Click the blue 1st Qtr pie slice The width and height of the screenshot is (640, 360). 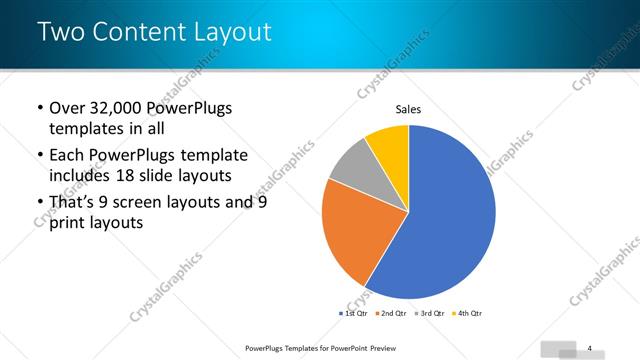point(450,220)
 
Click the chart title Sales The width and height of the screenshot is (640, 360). point(408,109)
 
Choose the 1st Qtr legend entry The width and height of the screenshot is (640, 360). point(354,314)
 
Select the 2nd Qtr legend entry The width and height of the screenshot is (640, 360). point(391,314)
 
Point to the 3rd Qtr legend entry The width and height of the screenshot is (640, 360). point(429,314)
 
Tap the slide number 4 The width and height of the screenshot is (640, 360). point(590,347)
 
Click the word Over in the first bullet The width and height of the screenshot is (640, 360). point(68,108)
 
